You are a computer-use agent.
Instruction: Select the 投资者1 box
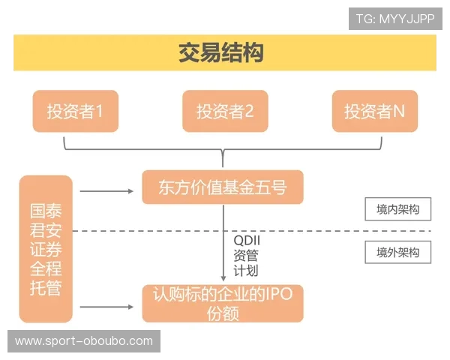tap(75, 111)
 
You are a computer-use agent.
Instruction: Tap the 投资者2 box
tap(225, 111)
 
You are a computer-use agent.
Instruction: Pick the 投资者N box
tap(375, 111)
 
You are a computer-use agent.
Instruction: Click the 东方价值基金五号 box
tap(223, 187)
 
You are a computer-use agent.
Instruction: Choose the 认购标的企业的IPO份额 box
tap(223, 303)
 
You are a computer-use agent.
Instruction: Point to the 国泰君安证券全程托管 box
tap(46, 249)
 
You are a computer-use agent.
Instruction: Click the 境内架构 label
tap(398, 210)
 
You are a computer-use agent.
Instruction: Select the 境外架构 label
tap(398, 253)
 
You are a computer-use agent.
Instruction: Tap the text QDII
tap(247, 240)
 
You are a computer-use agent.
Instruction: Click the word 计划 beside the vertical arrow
tap(245, 271)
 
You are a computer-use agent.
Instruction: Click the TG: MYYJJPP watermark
tap(395, 18)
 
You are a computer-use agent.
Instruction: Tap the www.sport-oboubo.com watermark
tap(83, 341)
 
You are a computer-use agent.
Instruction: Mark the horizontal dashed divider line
tap(300, 231)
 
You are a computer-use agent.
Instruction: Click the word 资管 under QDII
tap(245, 255)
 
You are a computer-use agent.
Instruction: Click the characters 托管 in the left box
tap(46, 287)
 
